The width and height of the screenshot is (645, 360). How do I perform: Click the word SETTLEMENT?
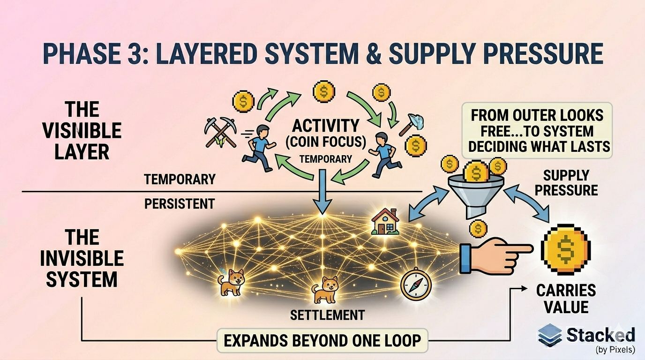pyautogui.click(x=327, y=315)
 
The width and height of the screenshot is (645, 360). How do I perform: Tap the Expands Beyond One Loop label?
pyautogui.click(x=322, y=340)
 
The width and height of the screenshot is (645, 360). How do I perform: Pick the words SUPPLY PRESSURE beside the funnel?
pyautogui.click(x=566, y=183)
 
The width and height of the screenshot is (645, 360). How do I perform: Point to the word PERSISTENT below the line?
pyautogui.click(x=180, y=204)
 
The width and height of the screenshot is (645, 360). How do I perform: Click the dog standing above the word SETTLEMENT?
pyautogui.click(x=324, y=290)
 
